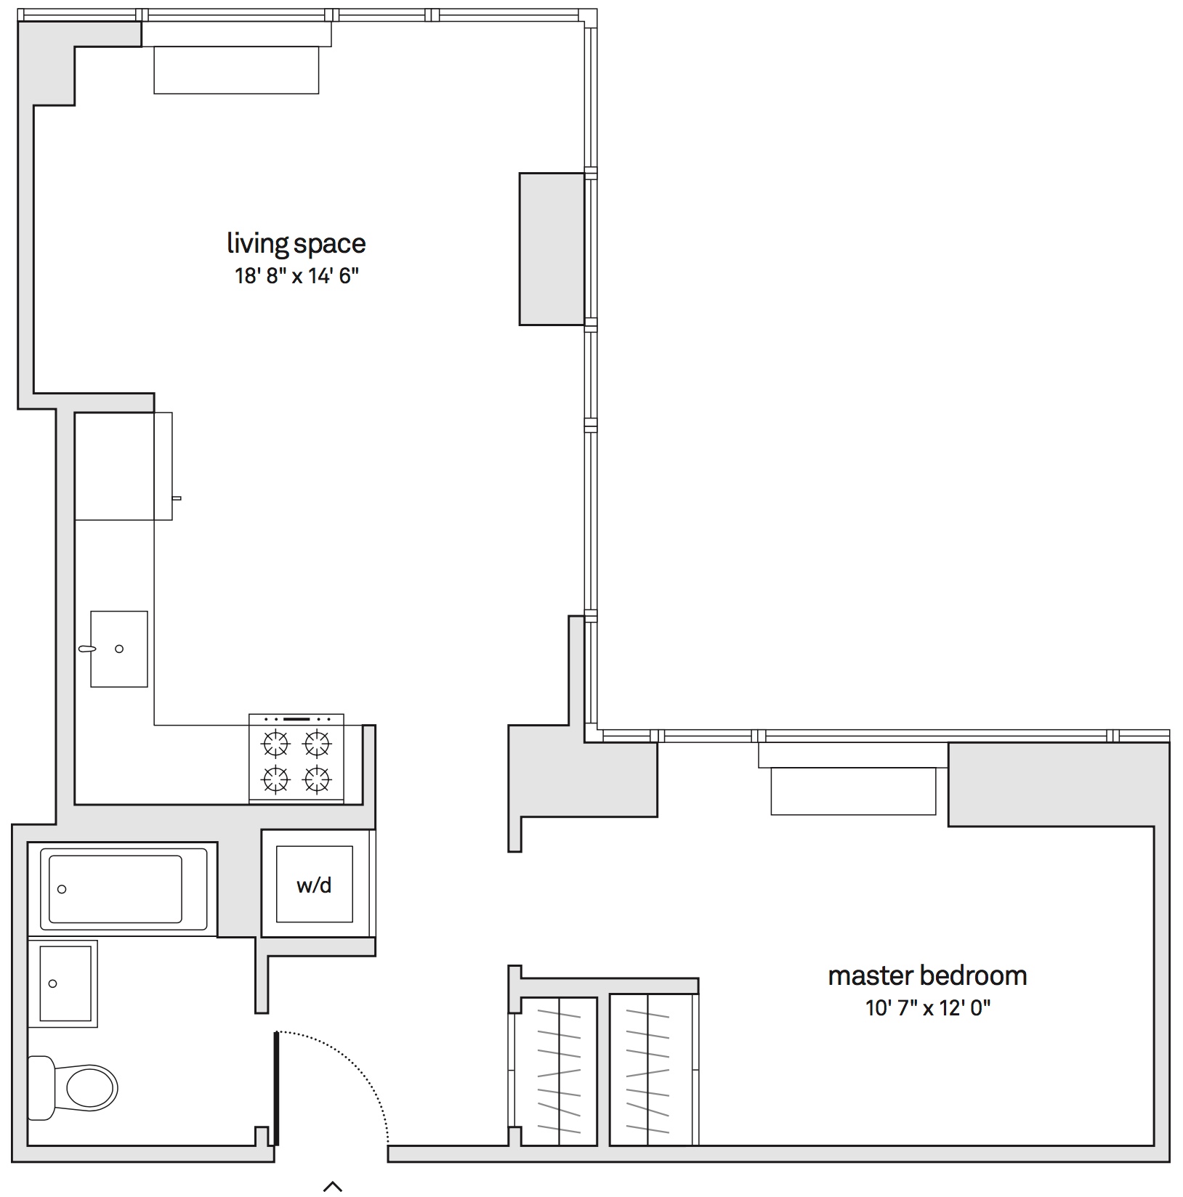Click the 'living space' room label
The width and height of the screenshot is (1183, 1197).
pos(296,244)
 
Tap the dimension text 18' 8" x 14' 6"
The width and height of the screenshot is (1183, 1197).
pos(296,277)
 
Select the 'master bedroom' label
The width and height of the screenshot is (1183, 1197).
pos(927,975)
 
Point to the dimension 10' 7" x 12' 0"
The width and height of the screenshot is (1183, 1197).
pos(927,1008)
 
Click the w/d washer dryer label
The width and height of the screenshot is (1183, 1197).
pos(314,885)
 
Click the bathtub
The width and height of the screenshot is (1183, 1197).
pos(116,888)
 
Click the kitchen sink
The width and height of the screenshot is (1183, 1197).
pos(118,649)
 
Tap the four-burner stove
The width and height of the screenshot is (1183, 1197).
pos(296,759)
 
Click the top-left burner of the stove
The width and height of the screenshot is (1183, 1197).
pos(275,743)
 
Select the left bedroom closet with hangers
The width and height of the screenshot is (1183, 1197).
pos(559,1071)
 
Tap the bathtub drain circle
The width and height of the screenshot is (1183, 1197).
pos(62,889)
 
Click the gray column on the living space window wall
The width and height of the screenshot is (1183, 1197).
pos(552,248)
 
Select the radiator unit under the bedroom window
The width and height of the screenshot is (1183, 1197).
pos(853,790)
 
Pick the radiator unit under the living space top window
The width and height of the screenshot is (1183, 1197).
pos(236,70)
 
